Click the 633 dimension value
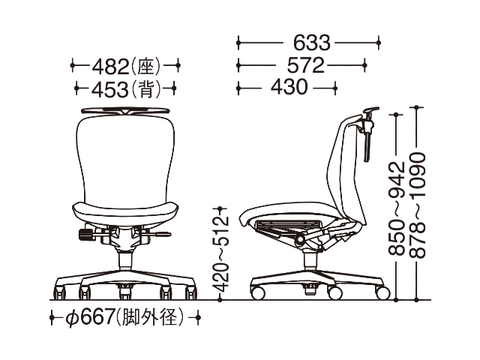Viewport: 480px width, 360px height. click(312, 43)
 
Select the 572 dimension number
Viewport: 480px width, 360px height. click(305, 65)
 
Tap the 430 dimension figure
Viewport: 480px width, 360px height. click(289, 87)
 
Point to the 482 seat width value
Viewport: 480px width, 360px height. click(110, 66)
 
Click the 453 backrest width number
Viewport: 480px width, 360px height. click(110, 89)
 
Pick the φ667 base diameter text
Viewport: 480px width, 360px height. click(90, 317)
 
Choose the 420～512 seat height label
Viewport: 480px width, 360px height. click(220, 253)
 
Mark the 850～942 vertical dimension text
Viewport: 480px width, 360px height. click(397, 208)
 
